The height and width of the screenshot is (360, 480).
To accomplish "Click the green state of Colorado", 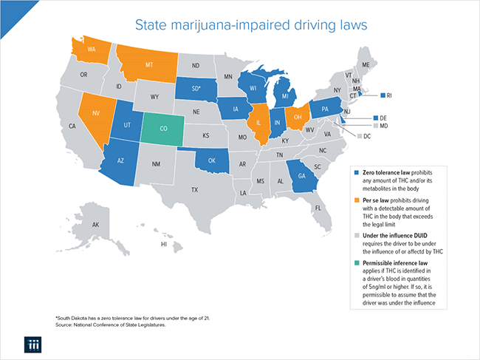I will point(163,127).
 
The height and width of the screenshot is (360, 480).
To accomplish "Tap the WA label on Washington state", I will point(92,50).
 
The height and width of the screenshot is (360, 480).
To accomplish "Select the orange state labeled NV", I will point(95,115).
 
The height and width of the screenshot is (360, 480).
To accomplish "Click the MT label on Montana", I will point(149,64).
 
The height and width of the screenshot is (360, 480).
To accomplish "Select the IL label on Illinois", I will point(259,124).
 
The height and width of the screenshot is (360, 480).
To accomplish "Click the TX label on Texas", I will point(194,190).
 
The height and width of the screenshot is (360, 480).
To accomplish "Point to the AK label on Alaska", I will point(95,225).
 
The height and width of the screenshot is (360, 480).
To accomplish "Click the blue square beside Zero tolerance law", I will point(357,172).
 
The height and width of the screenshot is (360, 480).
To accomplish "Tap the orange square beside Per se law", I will point(357,200).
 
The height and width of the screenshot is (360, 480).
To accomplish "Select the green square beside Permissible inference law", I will point(357,263).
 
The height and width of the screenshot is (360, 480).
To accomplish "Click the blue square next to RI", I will point(382,95).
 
